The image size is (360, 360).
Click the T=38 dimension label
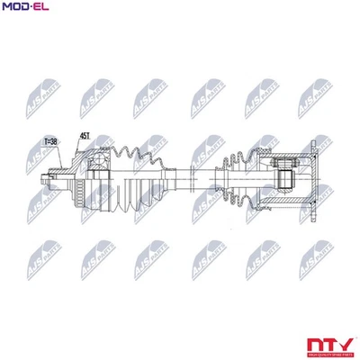coord(50,141)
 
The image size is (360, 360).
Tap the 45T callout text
coord(85,135)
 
